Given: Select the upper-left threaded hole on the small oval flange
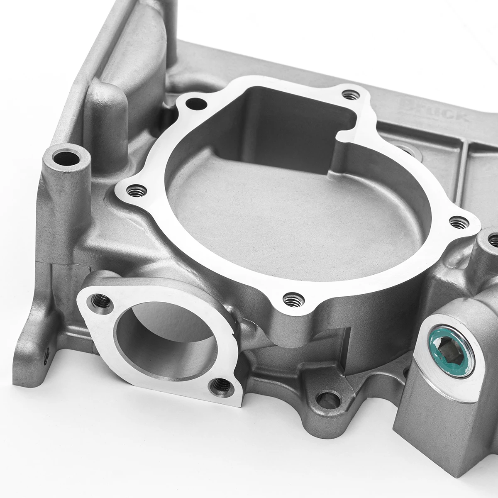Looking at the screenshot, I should coord(100,299).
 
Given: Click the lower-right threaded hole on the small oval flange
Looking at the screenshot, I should coord(217,387).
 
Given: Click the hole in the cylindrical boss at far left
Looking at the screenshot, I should coord(66,158).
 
